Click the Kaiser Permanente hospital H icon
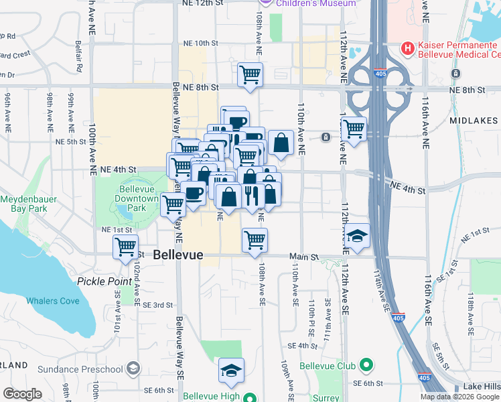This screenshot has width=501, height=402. [406, 48]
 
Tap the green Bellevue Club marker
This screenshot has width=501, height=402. [366, 366]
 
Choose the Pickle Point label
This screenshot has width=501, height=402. [104, 281]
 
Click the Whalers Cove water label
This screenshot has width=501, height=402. [53, 301]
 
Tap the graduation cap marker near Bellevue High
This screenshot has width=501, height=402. [232, 371]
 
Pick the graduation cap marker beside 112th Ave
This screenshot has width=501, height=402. [358, 236]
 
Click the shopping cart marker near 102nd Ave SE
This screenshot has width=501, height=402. [126, 247]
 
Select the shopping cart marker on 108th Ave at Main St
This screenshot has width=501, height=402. [255, 239]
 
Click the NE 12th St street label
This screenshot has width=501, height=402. [202, 3]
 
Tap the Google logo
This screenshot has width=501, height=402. [22, 394]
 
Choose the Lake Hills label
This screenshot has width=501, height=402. [482, 387]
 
